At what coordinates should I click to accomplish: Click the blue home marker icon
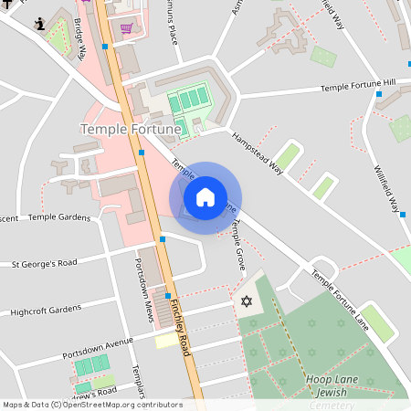click(x=205, y=197)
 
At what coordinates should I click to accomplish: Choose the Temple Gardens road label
click(x=59, y=217)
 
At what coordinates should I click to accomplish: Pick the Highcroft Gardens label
click(x=46, y=311)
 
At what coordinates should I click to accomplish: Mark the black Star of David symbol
click(x=245, y=301)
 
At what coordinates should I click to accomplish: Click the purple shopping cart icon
click(x=125, y=28)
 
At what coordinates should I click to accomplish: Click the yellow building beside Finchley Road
click(x=166, y=340)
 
